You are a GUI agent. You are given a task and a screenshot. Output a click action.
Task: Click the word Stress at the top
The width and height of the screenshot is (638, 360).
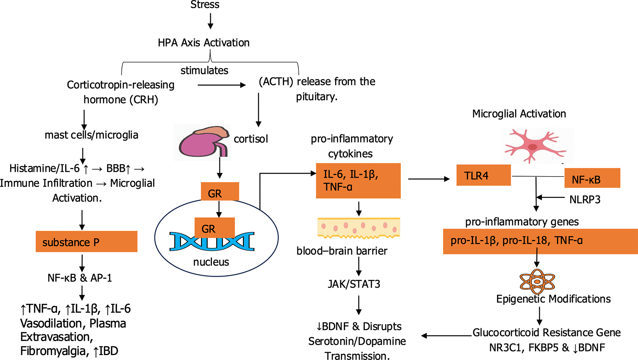(205, 5)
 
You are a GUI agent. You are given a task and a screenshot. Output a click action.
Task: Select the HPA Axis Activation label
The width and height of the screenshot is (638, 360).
(204, 43)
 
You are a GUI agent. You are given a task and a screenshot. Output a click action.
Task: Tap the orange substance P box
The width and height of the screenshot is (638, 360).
(87, 241)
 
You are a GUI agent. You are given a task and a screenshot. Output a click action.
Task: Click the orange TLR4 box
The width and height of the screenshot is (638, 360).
(483, 175)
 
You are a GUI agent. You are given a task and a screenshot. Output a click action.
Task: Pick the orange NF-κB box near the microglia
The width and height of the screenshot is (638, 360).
(592, 178)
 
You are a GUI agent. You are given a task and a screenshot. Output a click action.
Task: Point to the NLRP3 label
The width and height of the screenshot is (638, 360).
(585, 200)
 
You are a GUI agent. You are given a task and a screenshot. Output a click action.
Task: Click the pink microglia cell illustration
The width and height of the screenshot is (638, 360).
(533, 145)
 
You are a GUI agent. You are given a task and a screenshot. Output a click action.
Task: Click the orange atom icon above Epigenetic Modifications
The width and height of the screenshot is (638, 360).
(537, 281)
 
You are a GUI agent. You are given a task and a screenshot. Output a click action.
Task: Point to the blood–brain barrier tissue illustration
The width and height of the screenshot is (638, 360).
(359, 228)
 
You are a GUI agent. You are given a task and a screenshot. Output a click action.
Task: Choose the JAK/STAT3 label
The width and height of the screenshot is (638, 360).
(354, 284)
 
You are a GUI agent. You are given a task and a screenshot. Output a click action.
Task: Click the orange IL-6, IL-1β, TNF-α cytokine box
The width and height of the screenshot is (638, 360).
(358, 181)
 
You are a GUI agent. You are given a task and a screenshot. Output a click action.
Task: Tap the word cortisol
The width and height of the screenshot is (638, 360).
(251, 139)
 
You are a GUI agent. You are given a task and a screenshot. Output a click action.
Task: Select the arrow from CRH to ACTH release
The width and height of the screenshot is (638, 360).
(221, 85)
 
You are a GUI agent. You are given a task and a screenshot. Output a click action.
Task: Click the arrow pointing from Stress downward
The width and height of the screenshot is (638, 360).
(211, 21)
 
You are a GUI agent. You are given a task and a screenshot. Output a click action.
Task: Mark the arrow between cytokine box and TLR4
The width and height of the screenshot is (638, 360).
(429, 179)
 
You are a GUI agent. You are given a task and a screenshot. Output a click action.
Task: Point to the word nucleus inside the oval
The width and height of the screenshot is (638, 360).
(211, 262)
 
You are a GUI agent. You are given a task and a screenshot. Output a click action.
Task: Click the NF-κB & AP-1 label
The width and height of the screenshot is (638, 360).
(80, 278)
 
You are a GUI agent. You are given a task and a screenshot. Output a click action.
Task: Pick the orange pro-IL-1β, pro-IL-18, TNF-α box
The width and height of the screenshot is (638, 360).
(540, 241)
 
